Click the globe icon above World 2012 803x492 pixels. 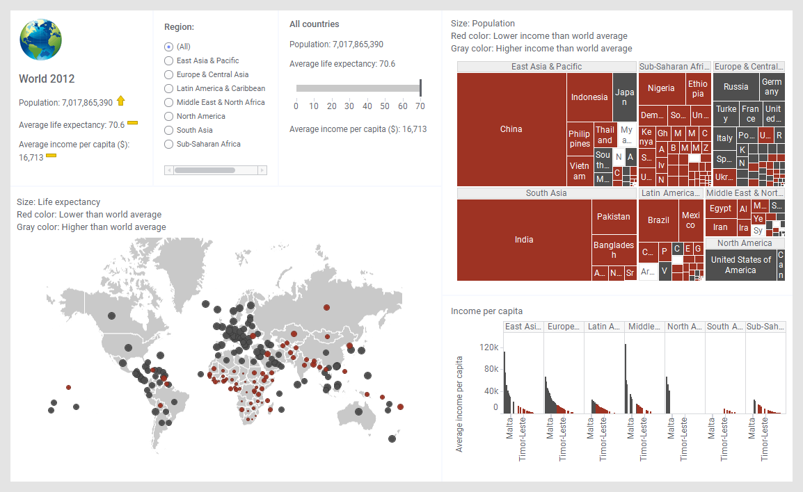point(41,40)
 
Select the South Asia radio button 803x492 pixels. point(168,130)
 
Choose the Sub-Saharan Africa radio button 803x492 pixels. point(168,144)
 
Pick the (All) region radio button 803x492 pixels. point(168,47)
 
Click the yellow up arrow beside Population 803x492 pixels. point(121,101)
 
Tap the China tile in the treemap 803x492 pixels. point(511,129)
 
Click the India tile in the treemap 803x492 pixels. point(524,240)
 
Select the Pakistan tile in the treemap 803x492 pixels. point(614,217)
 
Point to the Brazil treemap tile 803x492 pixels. point(658,220)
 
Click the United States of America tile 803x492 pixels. point(740,265)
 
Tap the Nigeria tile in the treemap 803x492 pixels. point(661,88)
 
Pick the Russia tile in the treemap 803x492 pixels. point(736,87)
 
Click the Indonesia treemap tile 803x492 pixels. point(589,97)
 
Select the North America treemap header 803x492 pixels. point(745,243)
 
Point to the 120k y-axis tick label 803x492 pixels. point(488,347)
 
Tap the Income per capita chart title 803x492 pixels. point(486,311)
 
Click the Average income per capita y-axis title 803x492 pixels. point(459,404)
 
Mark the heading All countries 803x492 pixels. point(314,24)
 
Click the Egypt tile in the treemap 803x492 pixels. point(720,208)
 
